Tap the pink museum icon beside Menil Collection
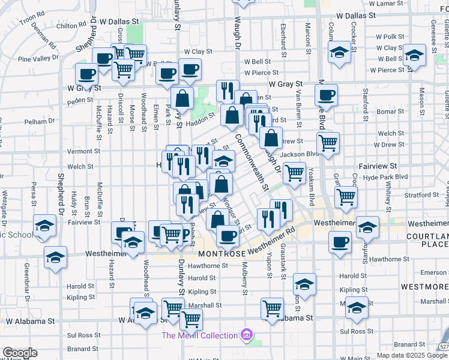click(x=246, y=334)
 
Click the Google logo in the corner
click(x=19, y=353)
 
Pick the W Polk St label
click(x=390, y=37)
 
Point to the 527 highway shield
click(x=442, y=347)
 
